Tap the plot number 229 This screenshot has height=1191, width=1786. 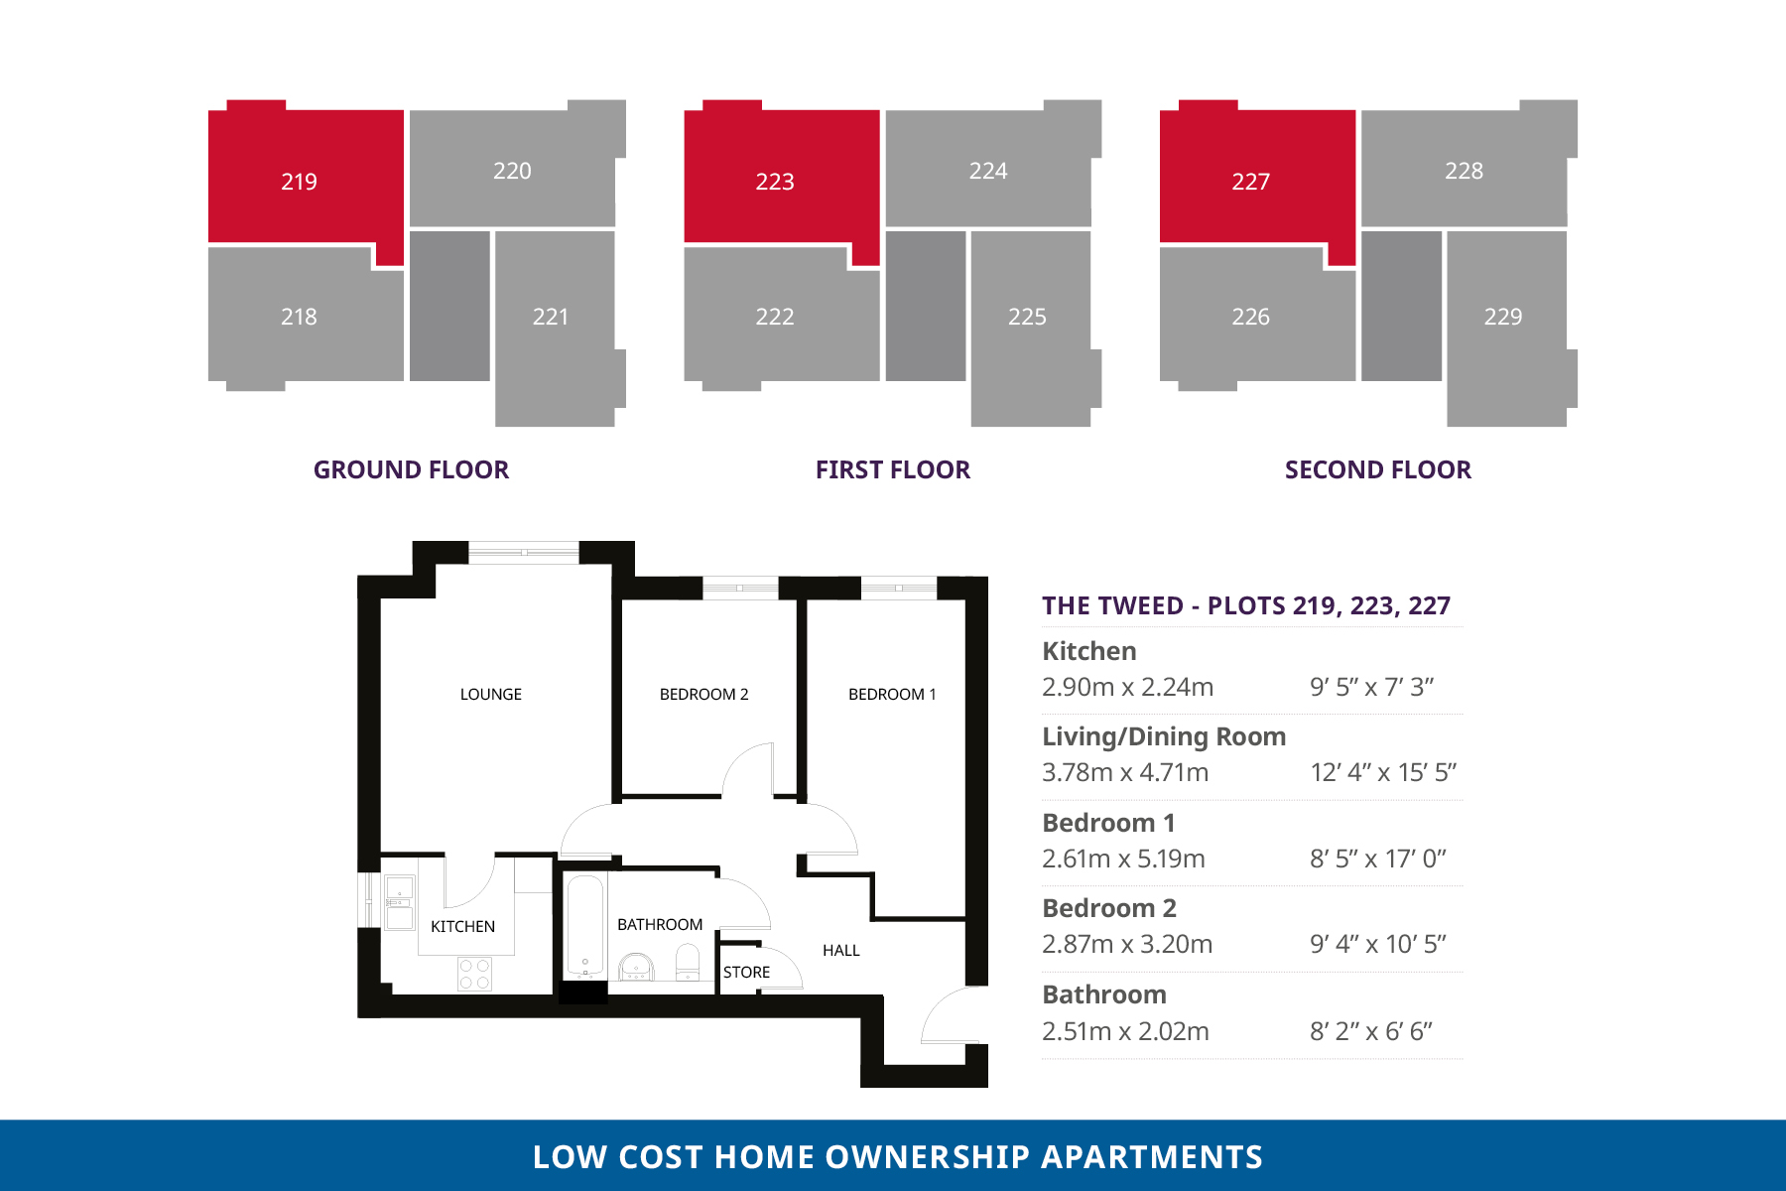point(1503,317)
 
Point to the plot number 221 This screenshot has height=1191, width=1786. point(551,317)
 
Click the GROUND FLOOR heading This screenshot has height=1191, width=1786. point(411,469)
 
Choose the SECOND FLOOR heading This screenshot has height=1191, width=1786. point(1378,469)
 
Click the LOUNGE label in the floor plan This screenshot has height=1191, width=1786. point(491,695)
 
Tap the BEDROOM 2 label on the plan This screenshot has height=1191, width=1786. point(703,695)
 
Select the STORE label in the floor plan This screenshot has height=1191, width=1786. point(746,973)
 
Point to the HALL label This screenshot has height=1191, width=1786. point(841,951)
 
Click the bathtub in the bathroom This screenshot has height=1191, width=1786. point(585,927)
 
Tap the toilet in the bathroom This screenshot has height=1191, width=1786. point(687,961)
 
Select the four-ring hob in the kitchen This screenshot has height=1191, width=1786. point(474,974)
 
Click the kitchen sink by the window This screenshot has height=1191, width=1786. point(400,902)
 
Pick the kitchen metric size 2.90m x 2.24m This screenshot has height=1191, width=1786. point(1127,687)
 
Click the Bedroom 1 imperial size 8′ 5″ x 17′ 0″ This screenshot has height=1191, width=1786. point(1378,859)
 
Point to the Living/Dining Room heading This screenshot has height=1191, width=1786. point(1164,736)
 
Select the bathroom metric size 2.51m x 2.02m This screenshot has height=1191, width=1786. point(1125,1031)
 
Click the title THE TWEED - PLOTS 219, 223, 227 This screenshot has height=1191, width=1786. point(1246,605)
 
